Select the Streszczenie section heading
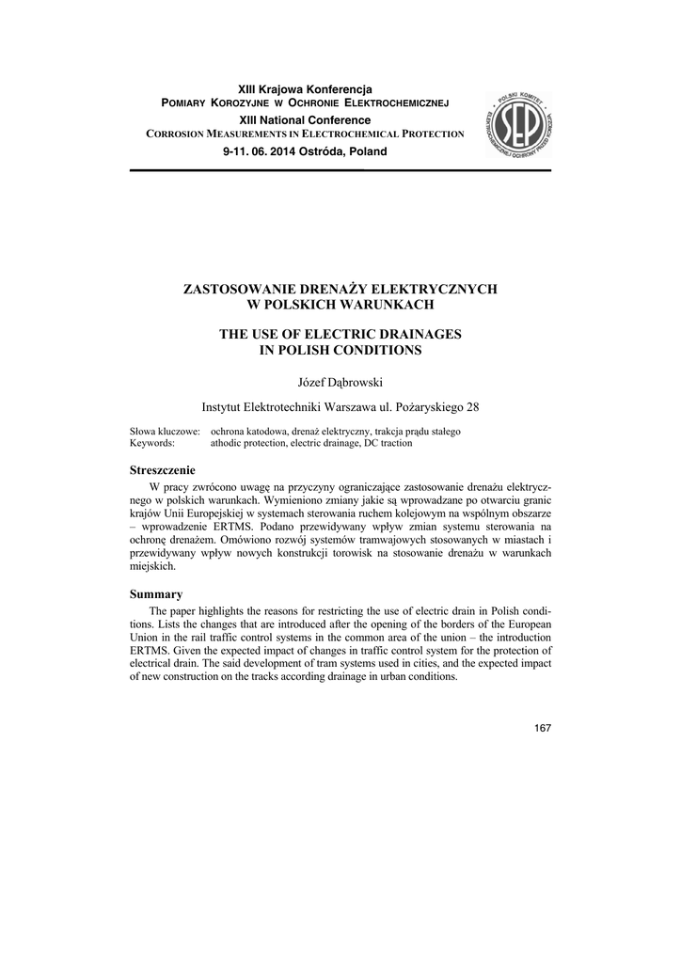[x=162, y=468]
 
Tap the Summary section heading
[x=155, y=594]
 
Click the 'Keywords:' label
[x=153, y=441]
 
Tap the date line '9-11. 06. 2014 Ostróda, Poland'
[x=305, y=151]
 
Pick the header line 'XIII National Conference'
[x=305, y=119]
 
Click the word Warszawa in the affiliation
[x=353, y=407]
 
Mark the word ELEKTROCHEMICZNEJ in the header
[x=398, y=103]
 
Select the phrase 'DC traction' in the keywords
[x=412, y=441]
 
